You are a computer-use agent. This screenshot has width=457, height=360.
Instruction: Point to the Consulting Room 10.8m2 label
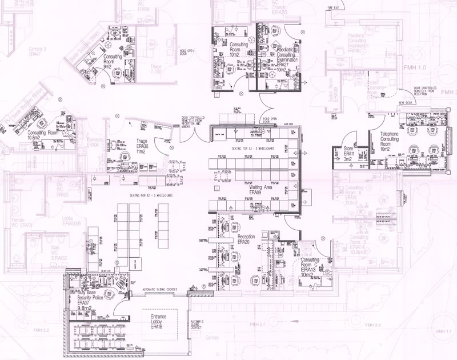coord(43,135)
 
